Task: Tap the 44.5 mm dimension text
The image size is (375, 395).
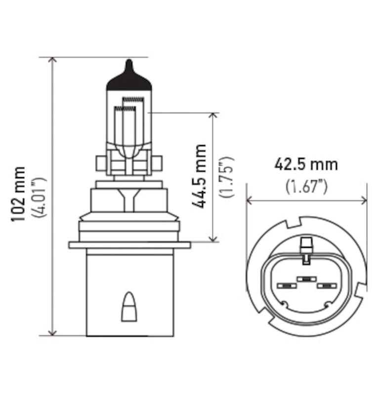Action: [x=200, y=176]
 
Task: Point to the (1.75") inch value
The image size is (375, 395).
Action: [x=228, y=177]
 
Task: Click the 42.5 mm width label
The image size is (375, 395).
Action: [x=306, y=164]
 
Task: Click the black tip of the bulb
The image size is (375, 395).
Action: [x=129, y=79]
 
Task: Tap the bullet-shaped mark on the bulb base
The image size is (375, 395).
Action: [x=128, y=307]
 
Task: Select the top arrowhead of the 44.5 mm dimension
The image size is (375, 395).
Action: [x=213, y=116]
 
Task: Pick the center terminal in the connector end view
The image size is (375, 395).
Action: [x=306, y=279]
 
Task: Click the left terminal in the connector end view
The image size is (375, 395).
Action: [x=285, y=286]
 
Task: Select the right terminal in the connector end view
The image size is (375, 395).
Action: [x=326, y=286]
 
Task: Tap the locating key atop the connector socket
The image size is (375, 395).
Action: [x=306, y=245]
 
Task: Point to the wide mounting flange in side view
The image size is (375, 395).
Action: [x=129, y=245]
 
